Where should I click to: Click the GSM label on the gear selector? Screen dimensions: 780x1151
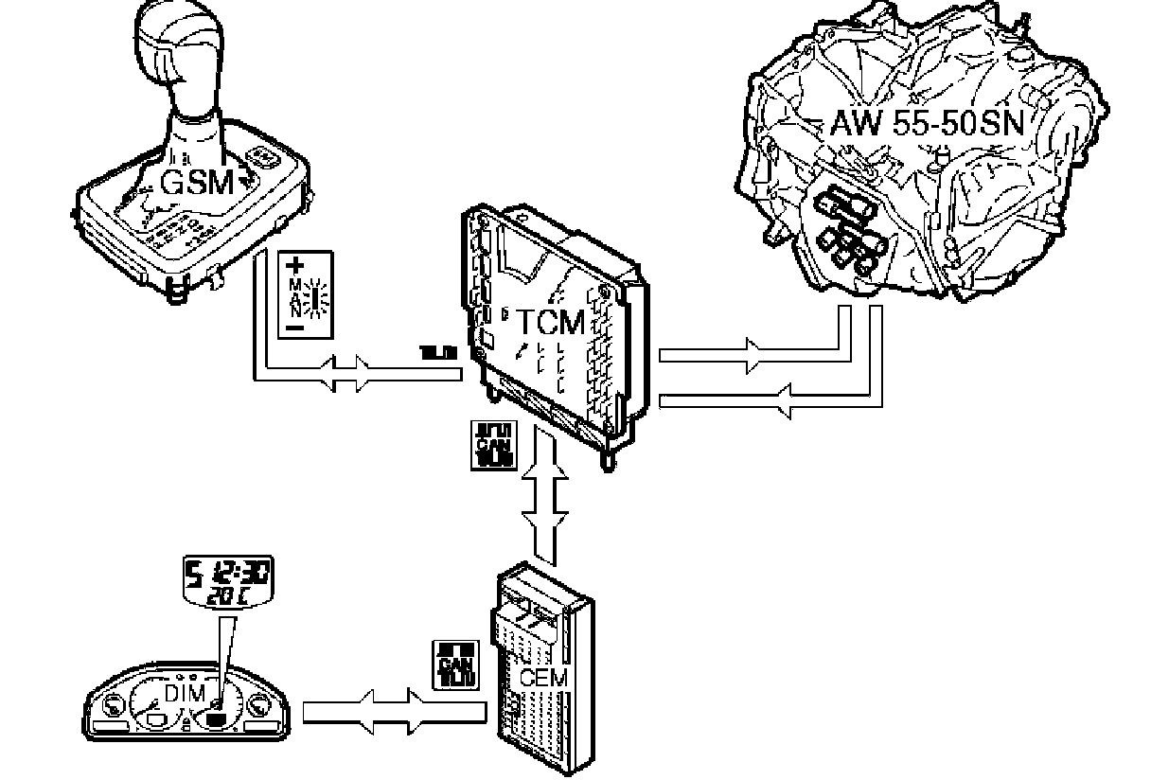coord(196,182)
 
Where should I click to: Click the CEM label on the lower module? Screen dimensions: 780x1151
coord(543,678)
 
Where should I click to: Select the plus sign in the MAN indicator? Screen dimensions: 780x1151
coord(293,264)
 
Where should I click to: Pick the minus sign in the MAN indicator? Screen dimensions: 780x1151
coord(293,327)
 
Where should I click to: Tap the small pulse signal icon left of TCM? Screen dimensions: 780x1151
coord(438,353)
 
